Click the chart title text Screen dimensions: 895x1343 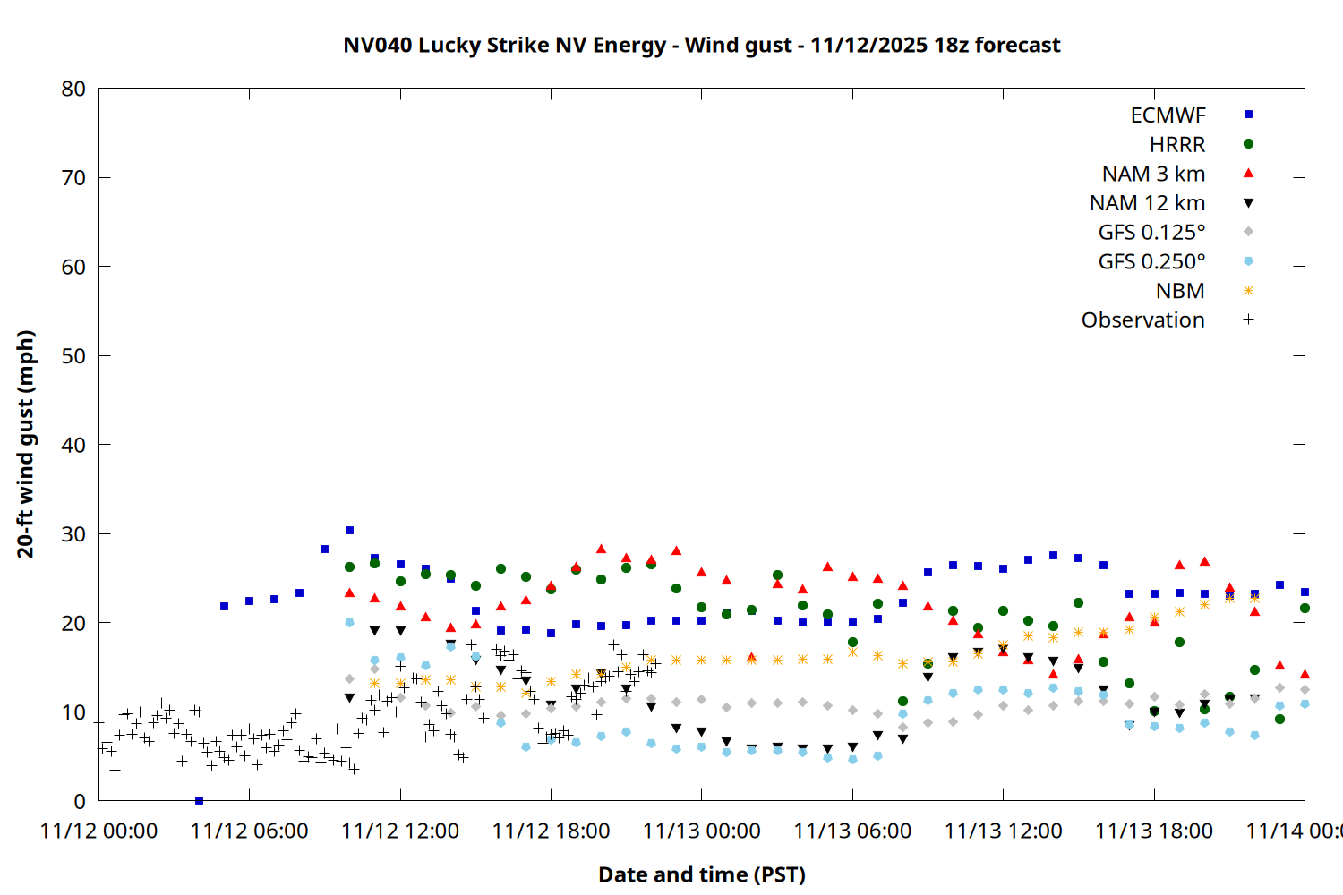[701, 45]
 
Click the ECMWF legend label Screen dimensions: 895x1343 [1168, 115]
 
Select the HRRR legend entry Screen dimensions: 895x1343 [1177, 145]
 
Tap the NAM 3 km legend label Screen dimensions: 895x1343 [1153, 174]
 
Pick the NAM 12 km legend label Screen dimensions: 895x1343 [1147, 203]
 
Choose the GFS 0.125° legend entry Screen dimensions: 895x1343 [1151, 233]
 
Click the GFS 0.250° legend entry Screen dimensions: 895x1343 [1151, 261]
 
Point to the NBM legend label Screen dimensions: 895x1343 [1180, 291]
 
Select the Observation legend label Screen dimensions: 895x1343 [1142, 320]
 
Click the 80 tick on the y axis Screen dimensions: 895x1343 [73, 89]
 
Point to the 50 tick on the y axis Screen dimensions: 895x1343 [73, 355]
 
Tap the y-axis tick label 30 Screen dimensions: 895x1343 [73, 533]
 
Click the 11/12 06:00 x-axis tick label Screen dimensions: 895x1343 [249, 831]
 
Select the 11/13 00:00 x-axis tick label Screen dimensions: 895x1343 [701, 831]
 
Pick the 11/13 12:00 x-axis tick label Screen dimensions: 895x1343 [1003, 831]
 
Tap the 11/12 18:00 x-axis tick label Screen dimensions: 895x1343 [551, 831]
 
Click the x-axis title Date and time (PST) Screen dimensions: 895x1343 [701, 874]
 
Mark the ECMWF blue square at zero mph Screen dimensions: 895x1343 [199, 800]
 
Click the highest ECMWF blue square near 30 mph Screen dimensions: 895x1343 [349, 531]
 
